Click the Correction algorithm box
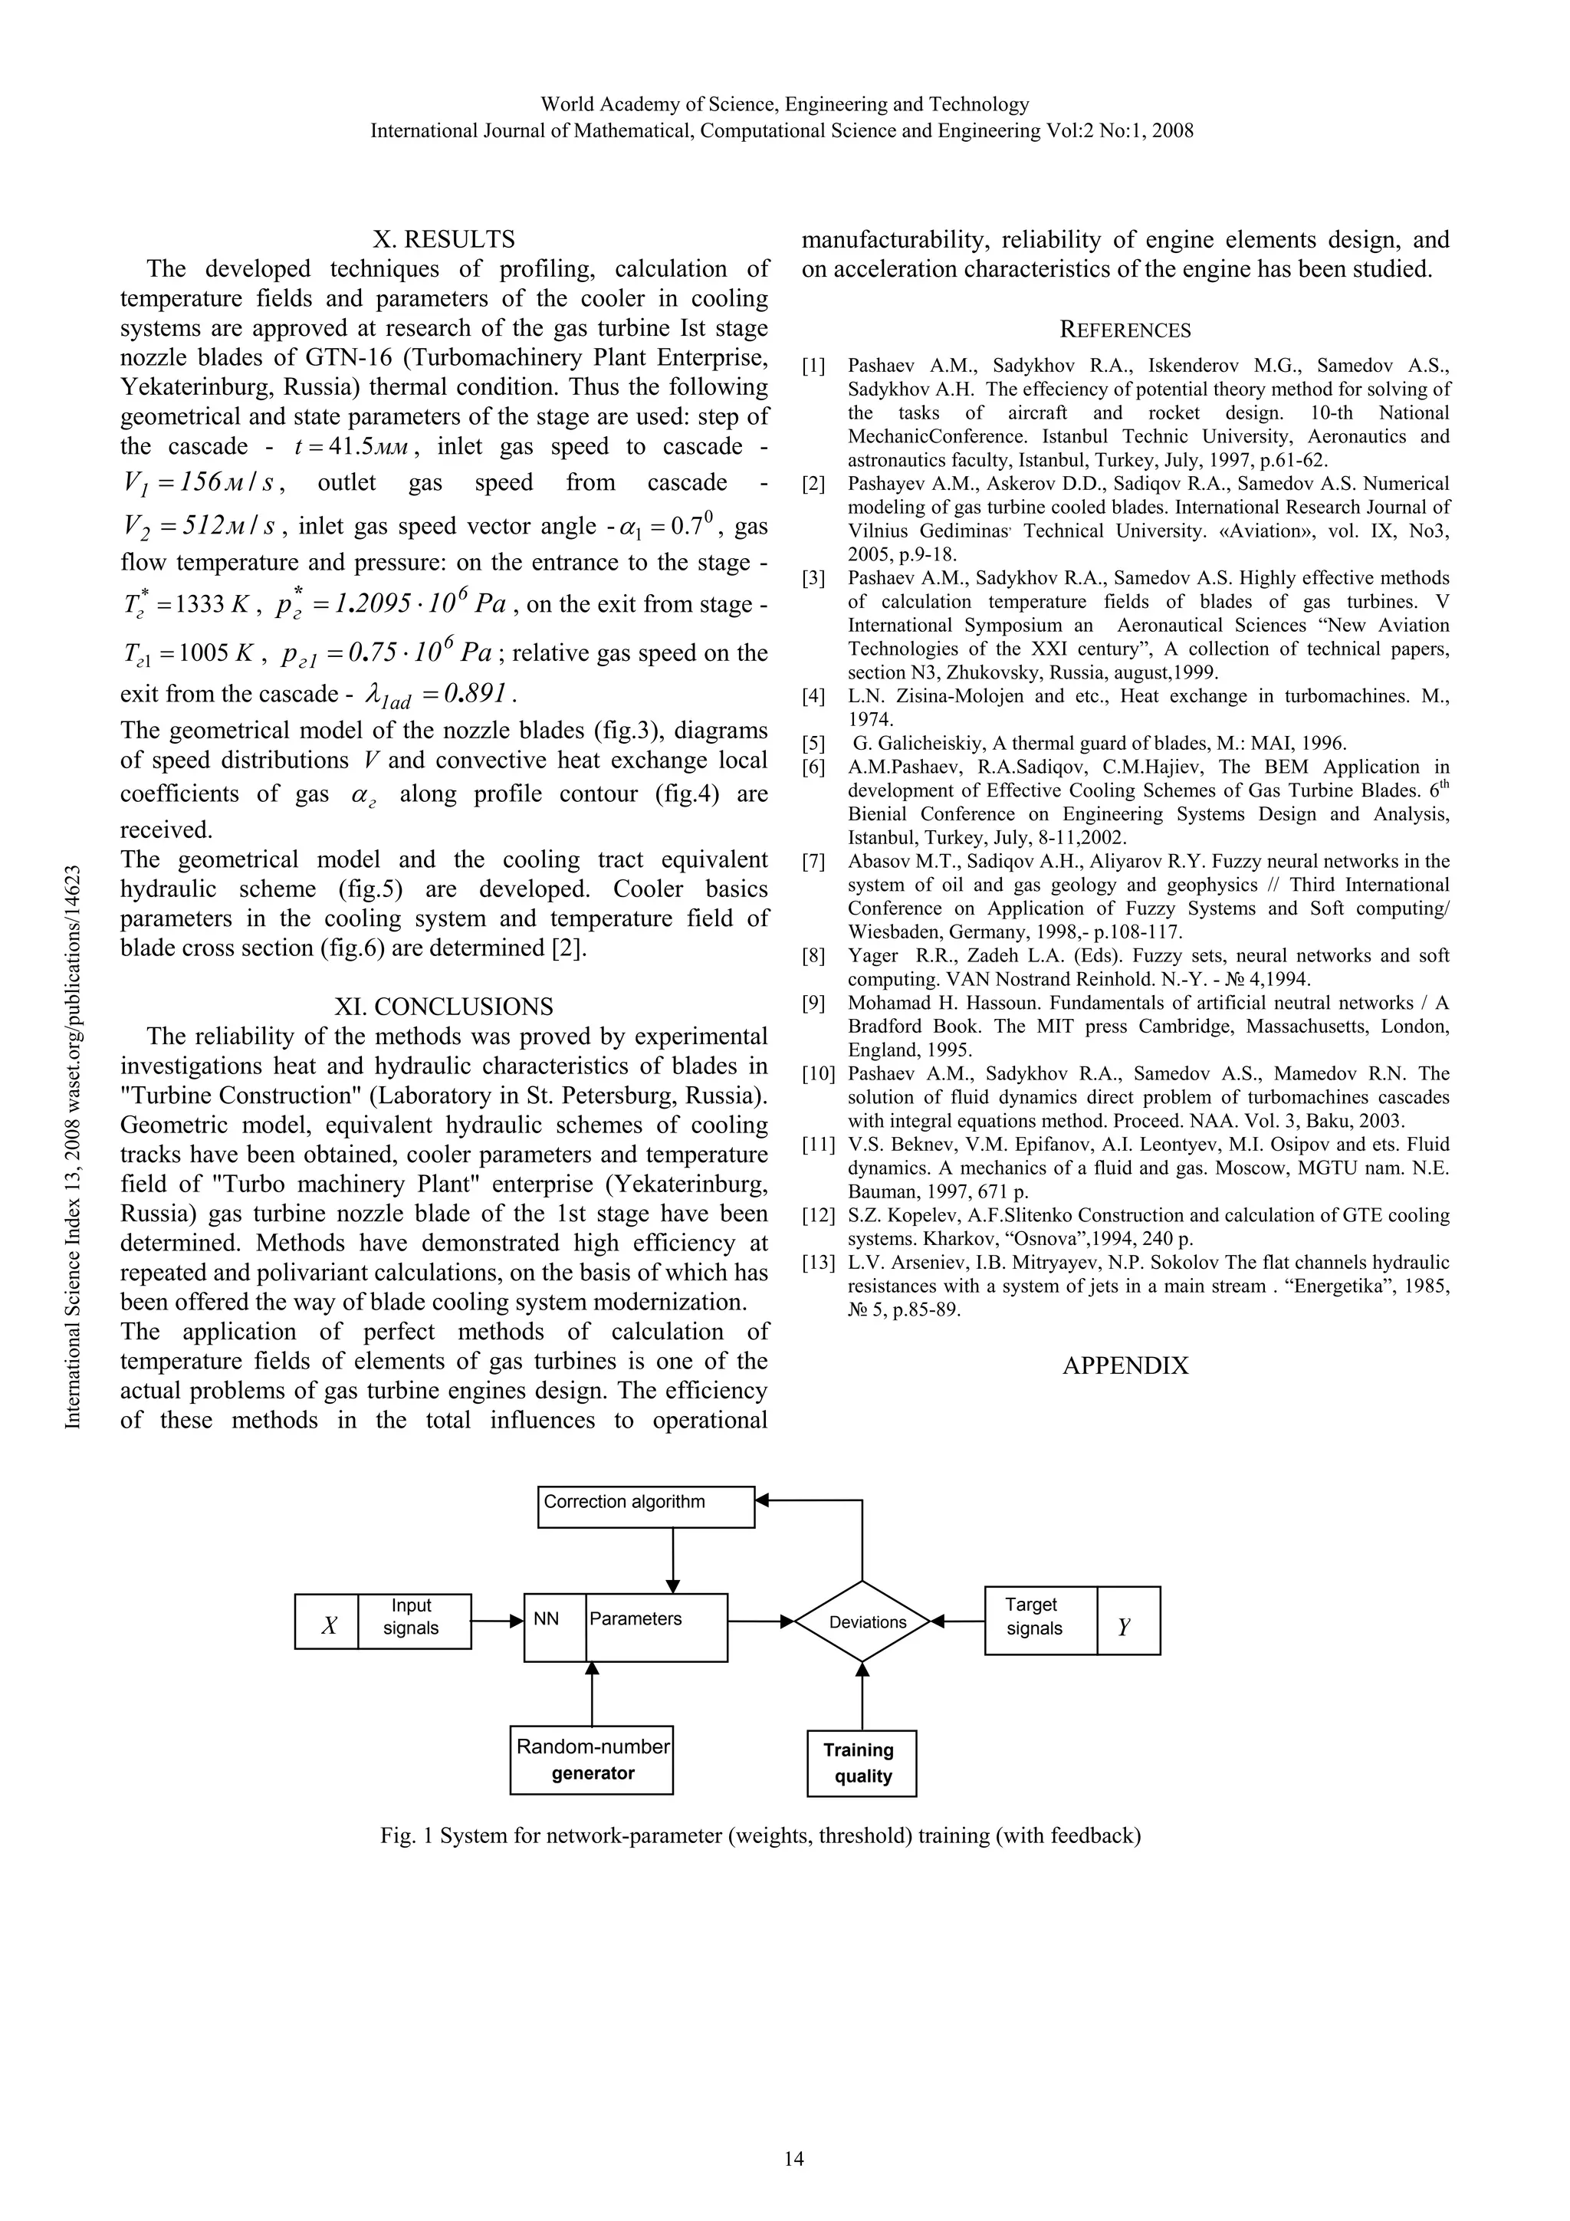(645, 1506)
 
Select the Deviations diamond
(862, 1621)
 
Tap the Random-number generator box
(592, 1759)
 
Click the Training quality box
(861, 1763)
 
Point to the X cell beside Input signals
(327, 1621)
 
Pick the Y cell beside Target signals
(1127, 1621)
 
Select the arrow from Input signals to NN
(498, 1620)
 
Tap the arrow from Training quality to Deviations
(862, 1696)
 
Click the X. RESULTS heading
(444, 239)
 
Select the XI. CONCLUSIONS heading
(444, 1007)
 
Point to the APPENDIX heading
(1125, 1366)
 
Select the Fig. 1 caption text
(760, 1835)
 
